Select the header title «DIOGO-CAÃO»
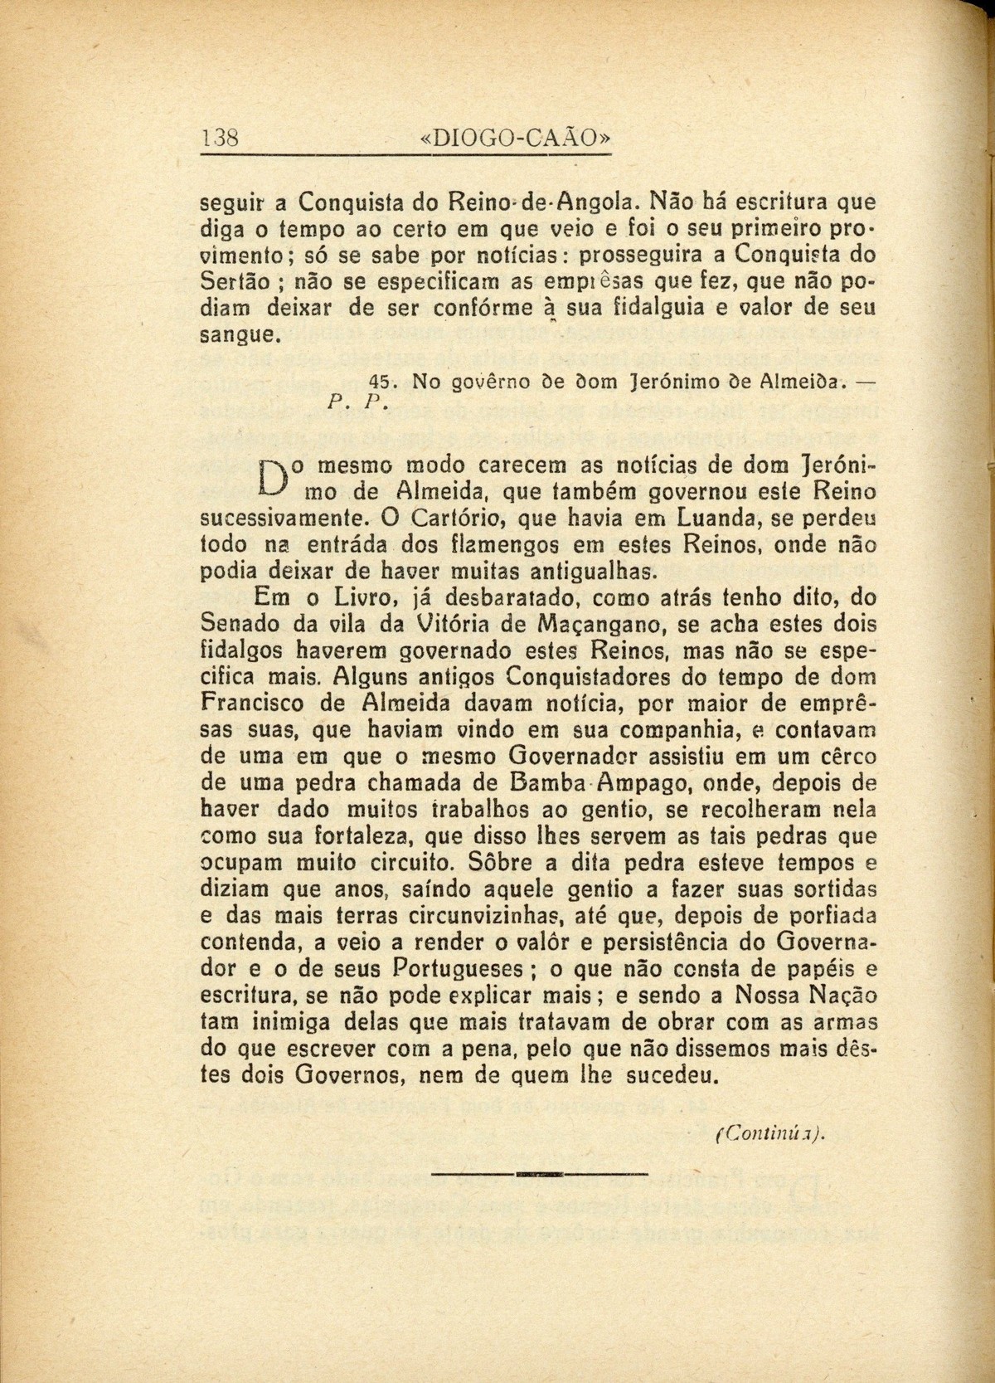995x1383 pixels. click(516, 137)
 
